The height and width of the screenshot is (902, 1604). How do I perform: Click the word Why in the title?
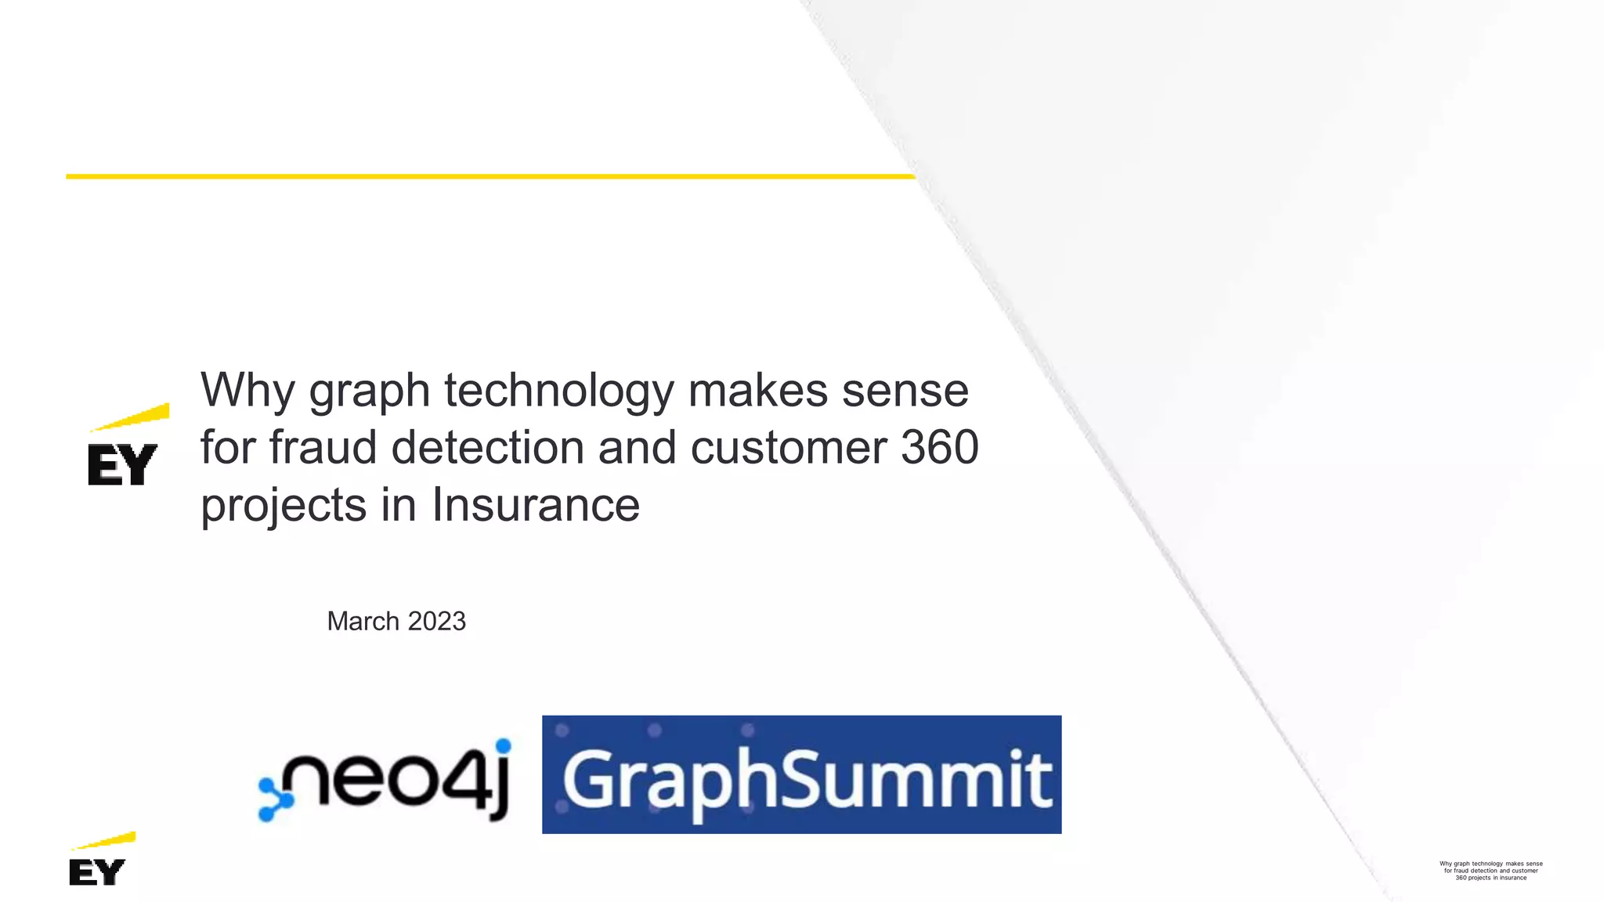tap(247, 390)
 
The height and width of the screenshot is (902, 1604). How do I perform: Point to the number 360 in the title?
tap(939, 447)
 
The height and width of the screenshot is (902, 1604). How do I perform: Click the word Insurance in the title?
tap(536, 504)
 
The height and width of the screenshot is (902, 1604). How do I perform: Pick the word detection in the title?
tap(487, 447)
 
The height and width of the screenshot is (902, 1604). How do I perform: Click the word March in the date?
tap(363, 621)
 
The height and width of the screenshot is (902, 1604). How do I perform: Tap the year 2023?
tap(436, 621)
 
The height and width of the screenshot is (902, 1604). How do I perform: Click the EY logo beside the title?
tap(123, 464)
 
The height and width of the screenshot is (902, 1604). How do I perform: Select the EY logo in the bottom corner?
tap(97, 871)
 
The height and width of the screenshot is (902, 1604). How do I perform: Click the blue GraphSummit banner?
tap(801, 774)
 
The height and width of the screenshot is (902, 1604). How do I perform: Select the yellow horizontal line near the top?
tap(490, 176)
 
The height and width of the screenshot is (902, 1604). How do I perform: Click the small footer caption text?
tap(1490, 871)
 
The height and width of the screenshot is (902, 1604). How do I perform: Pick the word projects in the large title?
tap(284, 504)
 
